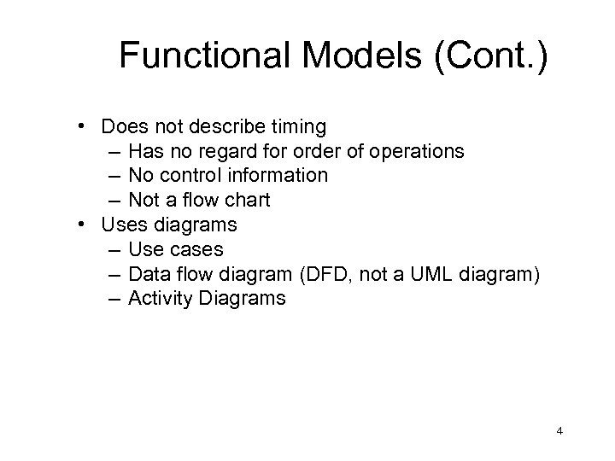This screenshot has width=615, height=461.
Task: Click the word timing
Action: [298, 127]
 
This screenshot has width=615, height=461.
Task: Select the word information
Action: [280, 176]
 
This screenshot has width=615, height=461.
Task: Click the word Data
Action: [148, 275]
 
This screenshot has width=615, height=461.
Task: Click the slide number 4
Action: [559, 432]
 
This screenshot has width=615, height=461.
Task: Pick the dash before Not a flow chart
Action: [115, 201]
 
